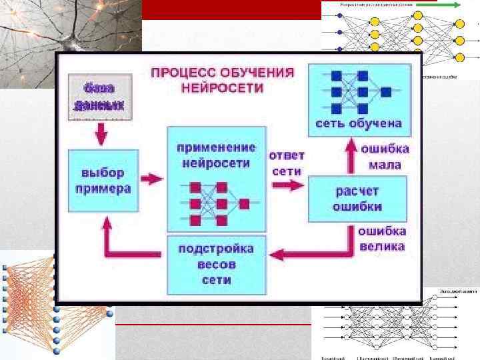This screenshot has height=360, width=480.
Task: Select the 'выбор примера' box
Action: point(103,181)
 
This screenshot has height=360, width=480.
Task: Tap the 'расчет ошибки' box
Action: point(357,198)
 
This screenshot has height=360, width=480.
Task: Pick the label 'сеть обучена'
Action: point(358,123)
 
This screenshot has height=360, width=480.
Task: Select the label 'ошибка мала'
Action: point(385,156)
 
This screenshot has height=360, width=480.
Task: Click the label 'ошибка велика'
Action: point(382,239)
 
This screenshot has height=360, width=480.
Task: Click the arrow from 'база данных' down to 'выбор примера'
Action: point(101,135)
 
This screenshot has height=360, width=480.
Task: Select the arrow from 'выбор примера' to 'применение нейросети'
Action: point(153,179)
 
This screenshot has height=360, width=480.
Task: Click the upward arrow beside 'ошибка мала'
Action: point(349,155)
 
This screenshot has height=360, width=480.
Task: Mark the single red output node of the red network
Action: point(244,203)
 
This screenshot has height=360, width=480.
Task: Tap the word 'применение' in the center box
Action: point(216,147)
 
